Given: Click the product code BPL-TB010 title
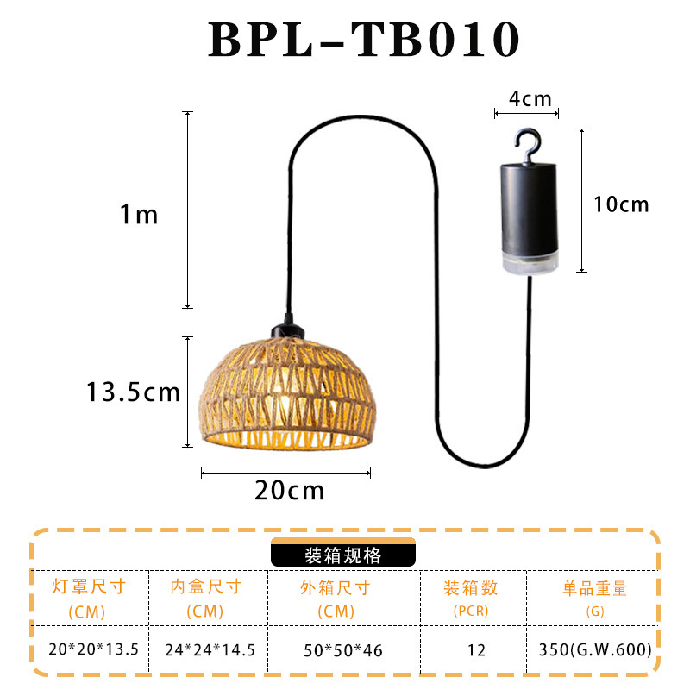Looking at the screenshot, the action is coord(364,40).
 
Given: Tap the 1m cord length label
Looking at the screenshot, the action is coord(139,215).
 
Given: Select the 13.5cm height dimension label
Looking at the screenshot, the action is coord(133,392).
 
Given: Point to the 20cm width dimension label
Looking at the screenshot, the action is coord(289,491).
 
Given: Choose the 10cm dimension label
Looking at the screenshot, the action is coord(621,204).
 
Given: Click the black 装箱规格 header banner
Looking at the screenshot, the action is coord(342,555).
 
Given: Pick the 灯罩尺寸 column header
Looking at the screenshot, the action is coord(89,588).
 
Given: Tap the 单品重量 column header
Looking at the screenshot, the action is coord(594,589).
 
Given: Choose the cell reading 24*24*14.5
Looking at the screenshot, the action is coord(210,649).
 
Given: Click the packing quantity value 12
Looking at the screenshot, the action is coord(476,649).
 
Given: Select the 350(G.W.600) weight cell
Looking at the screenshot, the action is coord(594,649).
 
